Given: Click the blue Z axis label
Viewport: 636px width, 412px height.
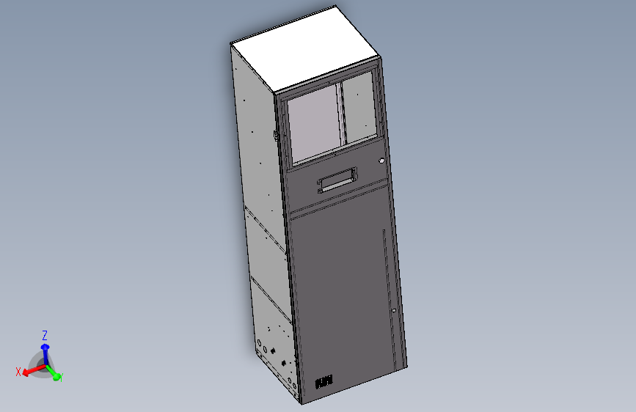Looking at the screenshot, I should [45, 335].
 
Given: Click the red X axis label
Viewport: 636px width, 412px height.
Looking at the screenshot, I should [18, 372].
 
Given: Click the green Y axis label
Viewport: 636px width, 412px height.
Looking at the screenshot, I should [59, 378].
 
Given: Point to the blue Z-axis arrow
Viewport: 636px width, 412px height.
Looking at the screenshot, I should [45, 352].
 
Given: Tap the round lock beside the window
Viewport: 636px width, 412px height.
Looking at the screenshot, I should [381, 161].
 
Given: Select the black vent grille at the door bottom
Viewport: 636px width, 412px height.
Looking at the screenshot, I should [324, 382].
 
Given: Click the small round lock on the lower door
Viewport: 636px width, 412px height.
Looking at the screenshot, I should [393, 311].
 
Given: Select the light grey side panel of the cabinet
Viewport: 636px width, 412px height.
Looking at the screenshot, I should [257, 183].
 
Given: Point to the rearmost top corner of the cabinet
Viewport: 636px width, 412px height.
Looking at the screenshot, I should [335, 7].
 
